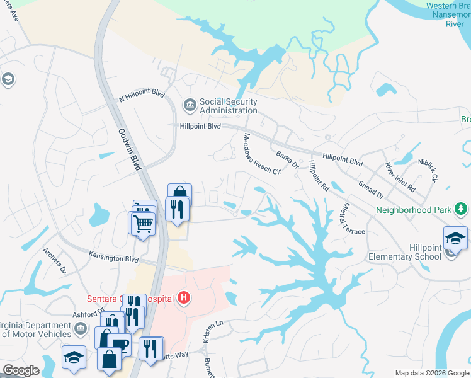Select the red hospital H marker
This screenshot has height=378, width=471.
click(x=183, y=297)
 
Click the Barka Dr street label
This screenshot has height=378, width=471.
click(x=287, y=159)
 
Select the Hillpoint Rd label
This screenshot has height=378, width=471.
click(x=319, y=176)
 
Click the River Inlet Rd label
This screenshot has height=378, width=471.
click(x=400, y=178)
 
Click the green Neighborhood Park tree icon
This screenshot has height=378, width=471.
click(x=462, y=209)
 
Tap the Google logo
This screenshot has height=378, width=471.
click(x=21, y=370)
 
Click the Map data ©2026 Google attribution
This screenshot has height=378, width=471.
click(x=431, y=373)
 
